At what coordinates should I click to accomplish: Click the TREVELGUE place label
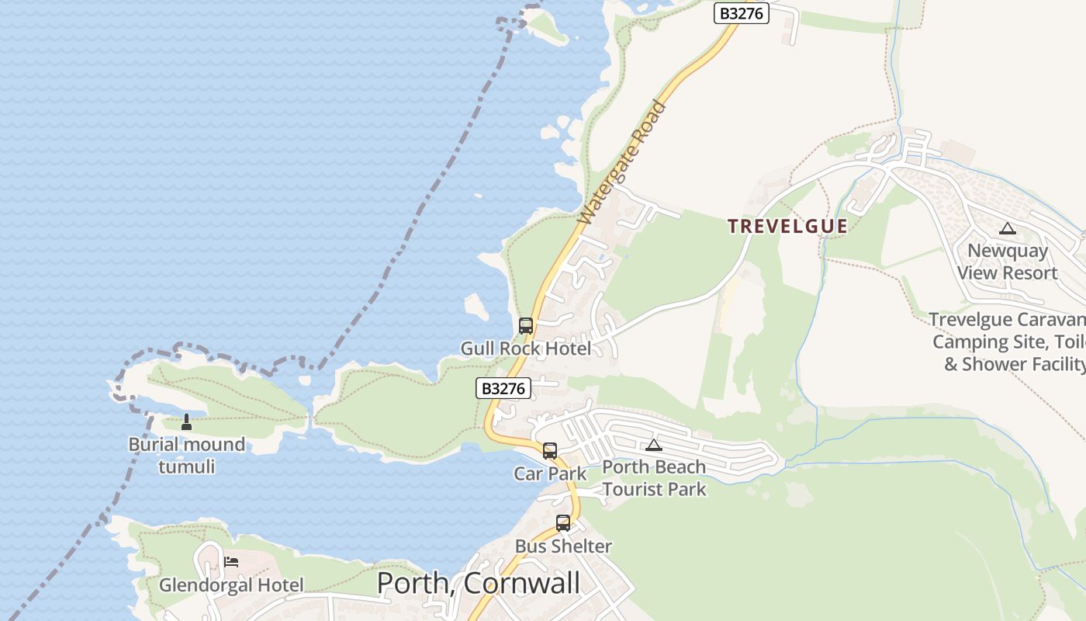(x=787, y=226)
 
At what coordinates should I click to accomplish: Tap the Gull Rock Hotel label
(x=526, y=349)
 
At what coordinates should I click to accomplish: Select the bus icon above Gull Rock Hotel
(x=526, y=326)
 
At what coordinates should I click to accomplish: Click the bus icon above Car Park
(x=550, y=451)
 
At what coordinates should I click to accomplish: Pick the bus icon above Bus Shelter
(x=563, y=523)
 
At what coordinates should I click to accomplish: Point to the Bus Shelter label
(x=563, y=546)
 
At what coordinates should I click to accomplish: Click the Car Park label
(x=550, y=474)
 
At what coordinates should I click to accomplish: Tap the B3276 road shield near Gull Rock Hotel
(x=503, y=388)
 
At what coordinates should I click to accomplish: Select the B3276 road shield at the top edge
(x=741, y=13)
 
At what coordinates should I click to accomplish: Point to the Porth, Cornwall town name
(x=478, y=583)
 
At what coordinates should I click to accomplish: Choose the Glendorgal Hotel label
(x=231, y=585)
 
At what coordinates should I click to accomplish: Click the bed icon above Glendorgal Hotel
(x=231, y=562)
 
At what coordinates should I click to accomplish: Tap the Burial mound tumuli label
(x=187, y=455)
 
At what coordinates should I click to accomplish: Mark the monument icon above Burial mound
(x=186, y=422)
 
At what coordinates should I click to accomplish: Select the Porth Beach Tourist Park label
(x=654, y=477)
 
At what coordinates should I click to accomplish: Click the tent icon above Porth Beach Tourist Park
(x=654, y=445)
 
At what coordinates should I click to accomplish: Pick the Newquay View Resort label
(x=1007, y=262)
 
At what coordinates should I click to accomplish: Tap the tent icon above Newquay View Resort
(x=1008, y=228)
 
